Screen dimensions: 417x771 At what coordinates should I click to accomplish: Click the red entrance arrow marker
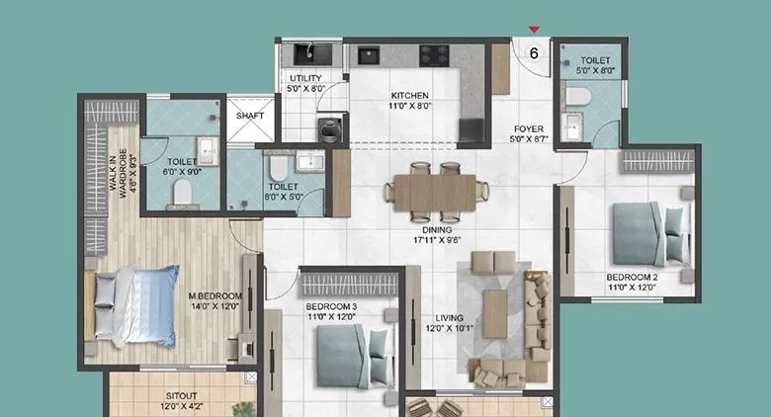[535, 31]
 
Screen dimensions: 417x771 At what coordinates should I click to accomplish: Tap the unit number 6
[535, 53]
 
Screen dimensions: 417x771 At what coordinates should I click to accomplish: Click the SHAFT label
[247, 115]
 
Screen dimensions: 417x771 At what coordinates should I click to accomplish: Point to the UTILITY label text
[304, 78]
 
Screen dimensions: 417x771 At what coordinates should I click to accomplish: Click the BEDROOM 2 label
[633, 279]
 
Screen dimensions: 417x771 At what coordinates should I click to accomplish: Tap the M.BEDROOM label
[215, 295]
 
